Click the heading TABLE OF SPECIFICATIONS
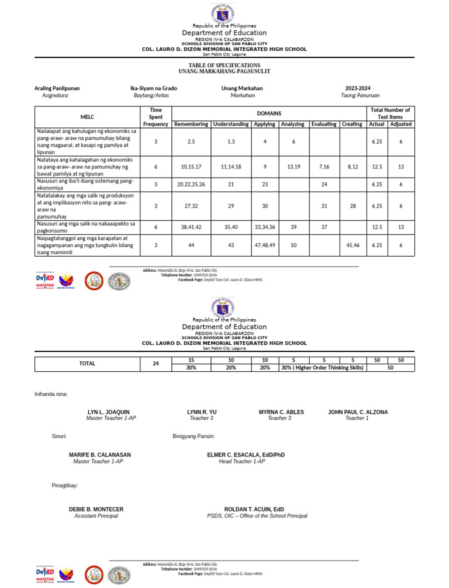click(224, 65)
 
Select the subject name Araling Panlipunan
click(57, 88)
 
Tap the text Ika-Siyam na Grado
click(154, 88)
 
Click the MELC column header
click(87, 117)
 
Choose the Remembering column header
click(191, 124)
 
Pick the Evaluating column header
click(323, 124)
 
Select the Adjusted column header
click(401, 124)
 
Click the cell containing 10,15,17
click(191, 167)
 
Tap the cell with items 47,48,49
click(265, 245)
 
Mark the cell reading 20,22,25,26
click(191, 184)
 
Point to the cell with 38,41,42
click(191, 227)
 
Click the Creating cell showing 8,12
click(352, 167)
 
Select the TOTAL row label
click(87, 364)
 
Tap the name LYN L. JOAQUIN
click(109, 412)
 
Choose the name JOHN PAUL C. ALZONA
click(358, 412)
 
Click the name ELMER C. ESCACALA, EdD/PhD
click(246, 455)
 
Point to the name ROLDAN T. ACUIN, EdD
click(254, 510)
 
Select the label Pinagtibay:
click(65, 486)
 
